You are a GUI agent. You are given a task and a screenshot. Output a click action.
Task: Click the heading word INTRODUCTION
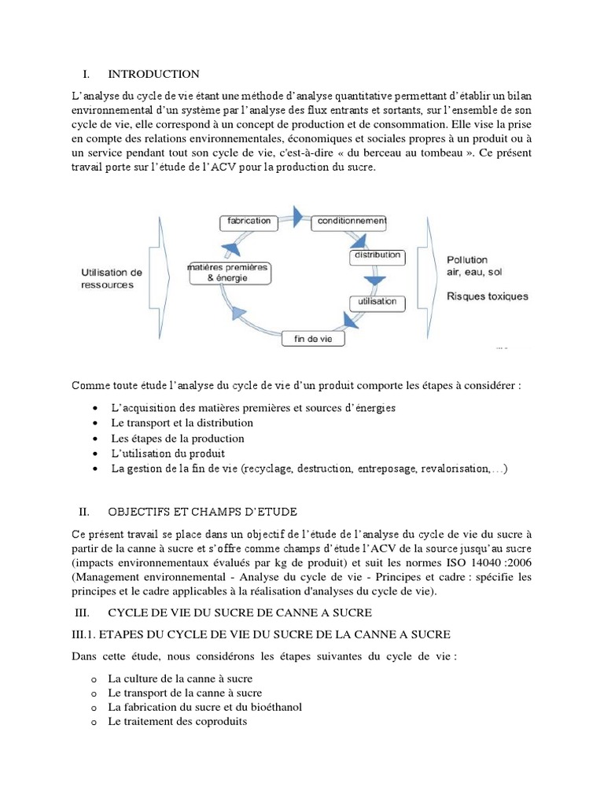pyautogui.click(x=153, y=74)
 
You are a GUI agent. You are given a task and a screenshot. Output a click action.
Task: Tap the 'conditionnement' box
pyautogui.click(x=349, y=222)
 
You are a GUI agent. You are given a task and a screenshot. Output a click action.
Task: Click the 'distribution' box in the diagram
pyautogui.click(x=377, y=255)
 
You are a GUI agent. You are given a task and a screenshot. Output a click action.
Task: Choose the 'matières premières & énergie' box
pyautogui.click(x=227, y=273)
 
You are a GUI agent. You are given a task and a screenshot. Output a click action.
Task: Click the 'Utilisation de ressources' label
pyautogui.click(x=112, y=278)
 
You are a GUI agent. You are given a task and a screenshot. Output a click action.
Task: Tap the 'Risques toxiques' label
pyautogui.click(x=488, y=296)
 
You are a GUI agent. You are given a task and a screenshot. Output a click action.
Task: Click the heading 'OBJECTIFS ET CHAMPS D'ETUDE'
pyautogui.click(x=202, y=512)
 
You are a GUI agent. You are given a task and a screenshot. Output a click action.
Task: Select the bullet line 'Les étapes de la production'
pyautogui.click(x=178, y=438)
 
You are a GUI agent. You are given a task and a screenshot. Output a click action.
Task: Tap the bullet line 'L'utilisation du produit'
pyautogui.click(x=168, y=454)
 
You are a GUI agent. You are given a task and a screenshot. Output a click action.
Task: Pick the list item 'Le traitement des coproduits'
pyautogui.click(x=177, y=721)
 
